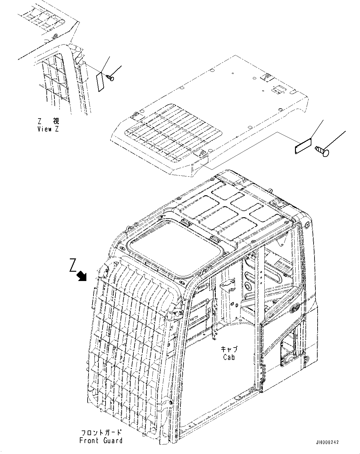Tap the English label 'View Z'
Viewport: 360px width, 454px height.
tap(48, 129)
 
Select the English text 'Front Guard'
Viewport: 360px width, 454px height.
tap(101, 440)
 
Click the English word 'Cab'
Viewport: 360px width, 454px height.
tap(229, 357)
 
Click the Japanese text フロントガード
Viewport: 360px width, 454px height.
tap(101, 433)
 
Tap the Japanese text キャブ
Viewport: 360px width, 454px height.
tap(229, 349)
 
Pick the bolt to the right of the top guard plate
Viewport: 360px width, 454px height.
tap(322, 151)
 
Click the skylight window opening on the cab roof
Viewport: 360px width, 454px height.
tap(175, 246)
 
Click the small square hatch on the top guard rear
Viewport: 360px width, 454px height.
tap(276, 89)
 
